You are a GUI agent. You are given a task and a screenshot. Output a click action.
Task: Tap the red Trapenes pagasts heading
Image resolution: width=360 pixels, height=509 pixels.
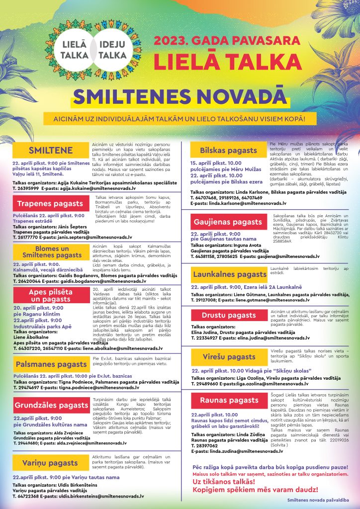click(50, 203)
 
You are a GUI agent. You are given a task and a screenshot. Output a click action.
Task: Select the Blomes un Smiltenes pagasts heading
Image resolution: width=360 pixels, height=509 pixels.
click(52, 252)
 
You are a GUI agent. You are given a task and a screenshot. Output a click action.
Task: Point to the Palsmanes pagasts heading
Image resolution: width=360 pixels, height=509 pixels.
click(50, 364)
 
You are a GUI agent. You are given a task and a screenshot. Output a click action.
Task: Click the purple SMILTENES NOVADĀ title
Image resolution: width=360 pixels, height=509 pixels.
click(180, 98)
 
